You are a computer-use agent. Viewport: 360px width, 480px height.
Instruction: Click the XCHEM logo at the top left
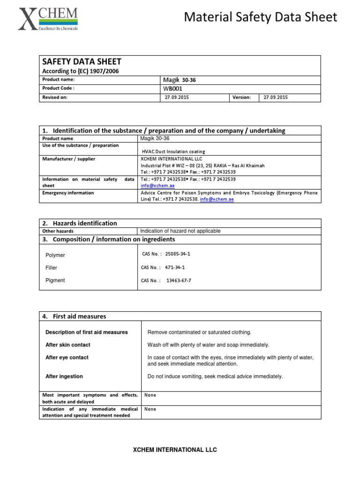tap(48, 19)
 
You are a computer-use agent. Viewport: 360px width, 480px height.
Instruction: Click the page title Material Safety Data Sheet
tap(260, 17)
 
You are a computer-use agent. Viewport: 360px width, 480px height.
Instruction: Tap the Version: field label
tap(241, 97)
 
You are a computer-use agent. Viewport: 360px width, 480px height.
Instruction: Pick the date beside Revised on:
tap(177, 97)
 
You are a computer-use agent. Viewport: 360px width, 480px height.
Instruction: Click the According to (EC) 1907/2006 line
tap(81, 71)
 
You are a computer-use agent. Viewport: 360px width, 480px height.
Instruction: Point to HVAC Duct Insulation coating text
tap(173, 152)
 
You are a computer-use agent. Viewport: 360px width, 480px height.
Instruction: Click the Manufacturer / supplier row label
tap(68, 159)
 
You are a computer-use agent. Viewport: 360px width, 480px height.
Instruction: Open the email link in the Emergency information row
tap(217, 199)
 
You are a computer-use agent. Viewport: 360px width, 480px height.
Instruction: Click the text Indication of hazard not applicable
tap(180, 231)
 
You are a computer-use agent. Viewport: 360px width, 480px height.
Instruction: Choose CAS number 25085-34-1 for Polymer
tap(178, 254)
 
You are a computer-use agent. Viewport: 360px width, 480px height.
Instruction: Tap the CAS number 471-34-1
tap(174, 268)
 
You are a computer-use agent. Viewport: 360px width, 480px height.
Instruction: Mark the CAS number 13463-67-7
tap(179, 280)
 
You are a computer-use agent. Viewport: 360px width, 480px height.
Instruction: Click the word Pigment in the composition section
tap(55, 280)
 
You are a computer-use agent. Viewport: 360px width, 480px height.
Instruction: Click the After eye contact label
tap(67, 357)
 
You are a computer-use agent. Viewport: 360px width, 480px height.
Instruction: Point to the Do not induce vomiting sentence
tap(215, 376)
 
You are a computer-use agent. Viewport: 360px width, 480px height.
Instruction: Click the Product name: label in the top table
tap(58, 80)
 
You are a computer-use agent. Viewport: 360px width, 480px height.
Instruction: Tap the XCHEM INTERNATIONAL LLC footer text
tap(175, 450)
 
